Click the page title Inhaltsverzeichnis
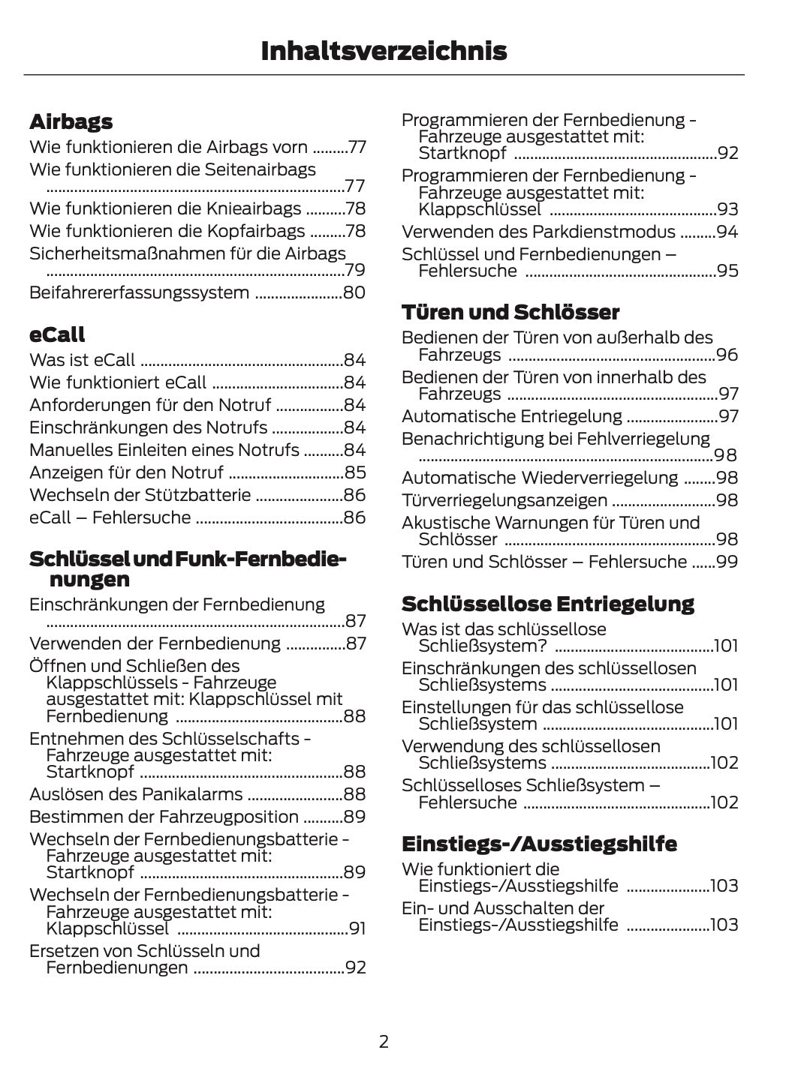click(x=384, y=51)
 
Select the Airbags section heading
click(x=71, y=121)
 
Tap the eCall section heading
click(x=57, y=334)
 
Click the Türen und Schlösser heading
click(x=510, y=312)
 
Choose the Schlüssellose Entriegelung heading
click(x=548, y=604)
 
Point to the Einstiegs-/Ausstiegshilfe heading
click(x=539, y=844)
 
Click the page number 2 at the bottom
click(x=384, y=1041)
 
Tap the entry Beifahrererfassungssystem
click(x=139, y=292)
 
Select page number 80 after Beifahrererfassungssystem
click(x=354, y=292)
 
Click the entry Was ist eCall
click(x=83, y=360)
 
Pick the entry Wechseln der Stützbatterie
click(x=140, y=495)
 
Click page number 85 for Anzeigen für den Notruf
click(x=354, y=472)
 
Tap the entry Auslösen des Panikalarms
click(x=136, y=794)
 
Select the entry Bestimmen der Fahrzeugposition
click(x=164, y=817)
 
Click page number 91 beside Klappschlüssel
click(x=357, y=929)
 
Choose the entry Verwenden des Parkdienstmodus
click(x=538, y=232)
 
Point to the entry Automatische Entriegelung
click(x=512, y=416)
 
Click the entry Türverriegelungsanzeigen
click(x=504, y=500)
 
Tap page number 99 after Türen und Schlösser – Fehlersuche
click(x=727, y=562)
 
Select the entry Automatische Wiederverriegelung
click(x=540, y=478)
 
